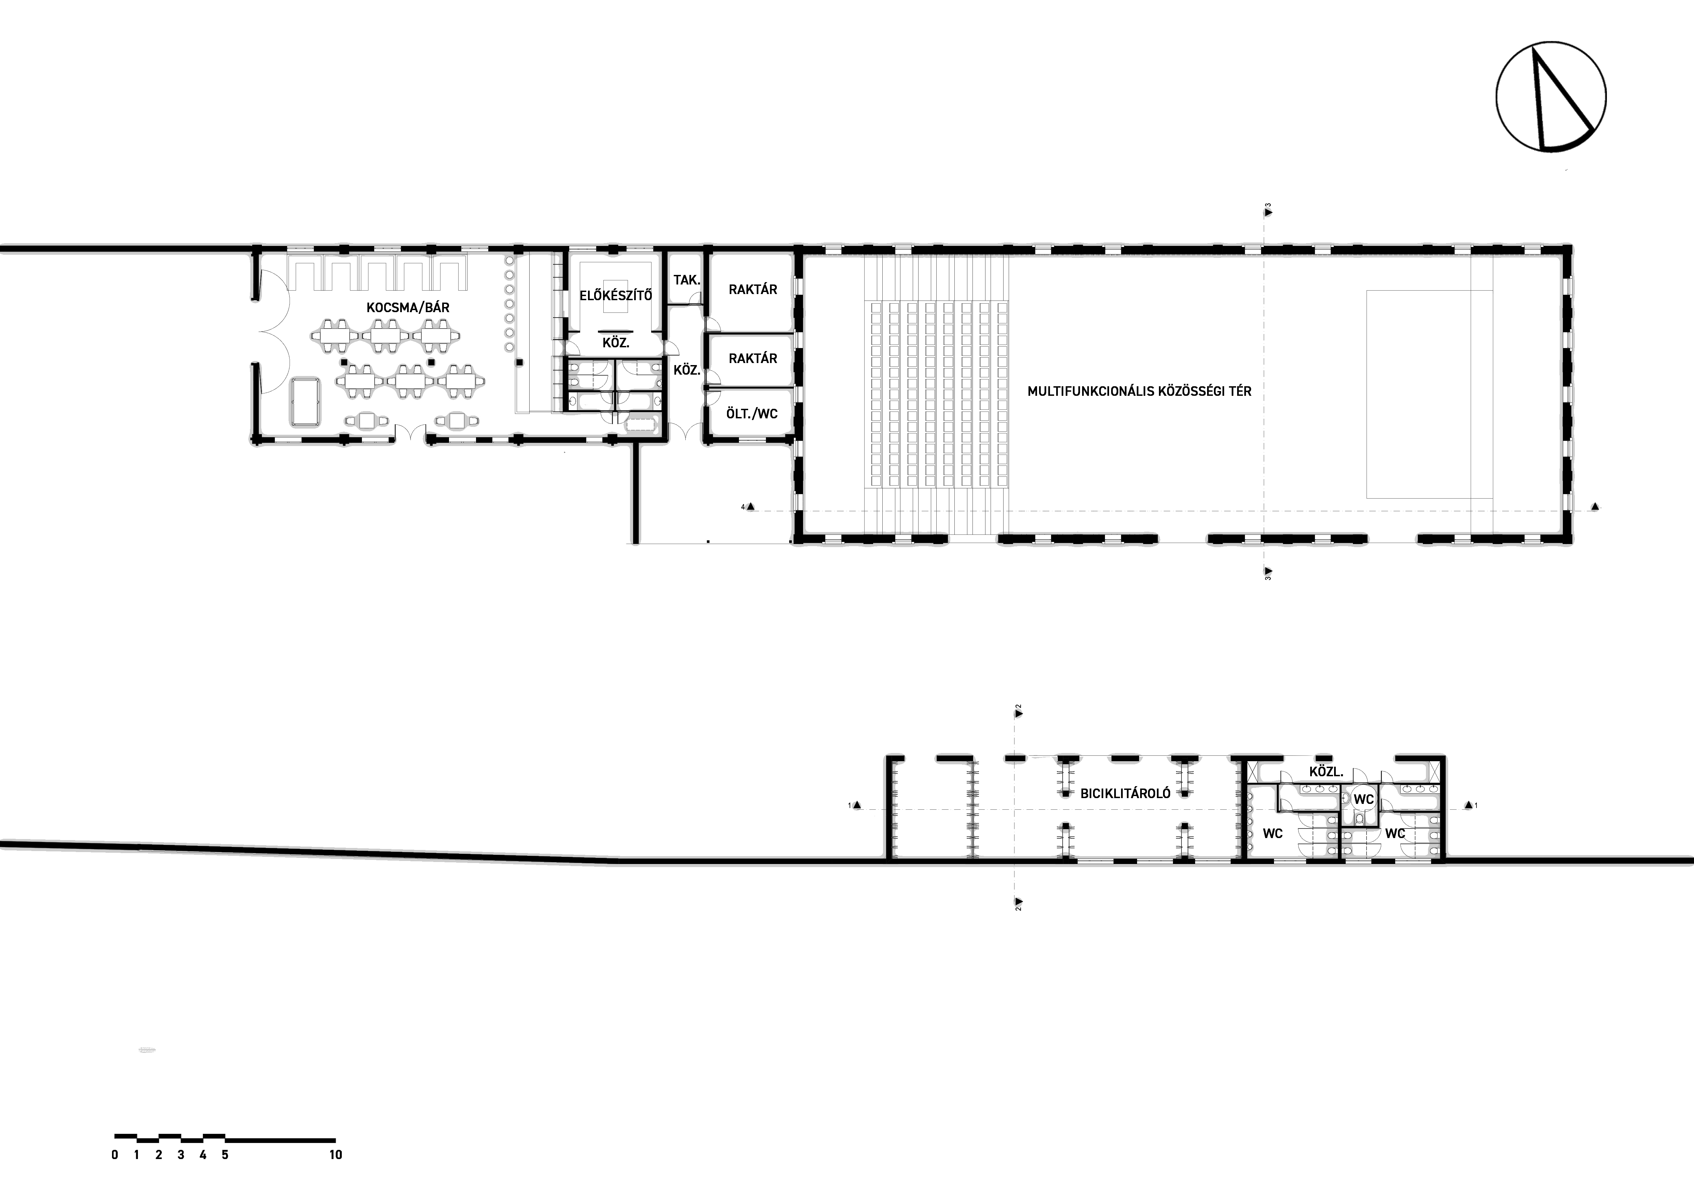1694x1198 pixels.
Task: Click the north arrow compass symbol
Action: (x=1551, y=97)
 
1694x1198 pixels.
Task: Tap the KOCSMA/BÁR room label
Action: (x=408, y=308)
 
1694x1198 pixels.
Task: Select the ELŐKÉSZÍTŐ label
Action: (x=615, y=296)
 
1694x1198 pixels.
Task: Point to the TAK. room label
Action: (x=687, y=280)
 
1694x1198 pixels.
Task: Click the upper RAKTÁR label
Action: (x=753, y=290)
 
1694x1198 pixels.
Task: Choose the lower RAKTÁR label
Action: (x=753, y=359)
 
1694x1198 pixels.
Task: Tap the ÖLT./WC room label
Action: (x=752, y=414)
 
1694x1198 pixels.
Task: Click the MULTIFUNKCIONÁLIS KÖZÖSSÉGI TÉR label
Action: (x=1139, y=392)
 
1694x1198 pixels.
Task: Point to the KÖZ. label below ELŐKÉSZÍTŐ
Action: (x=615, y=343)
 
